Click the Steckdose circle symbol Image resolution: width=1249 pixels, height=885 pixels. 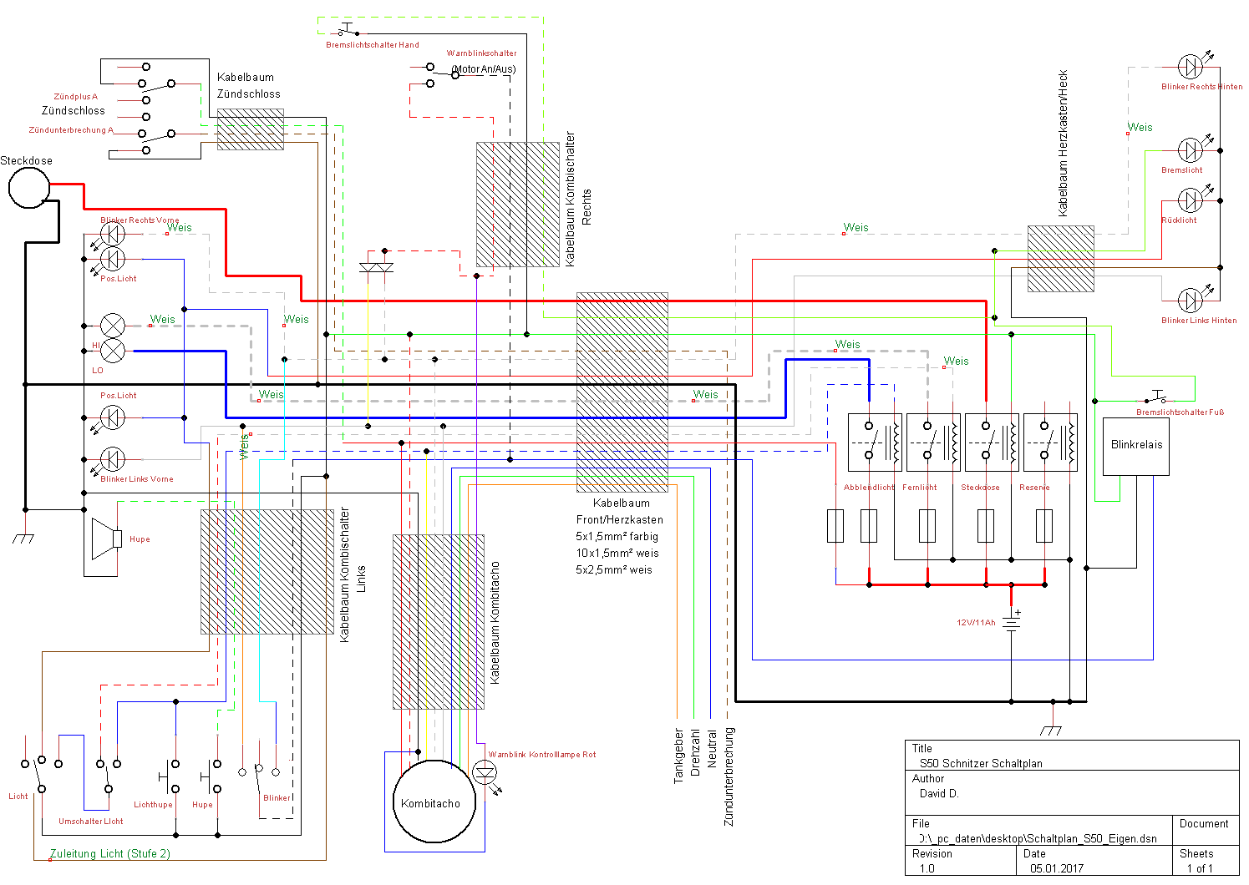pos(29,188)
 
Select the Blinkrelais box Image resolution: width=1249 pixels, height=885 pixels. pos(1136,447)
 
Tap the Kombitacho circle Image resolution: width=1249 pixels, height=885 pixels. pos(434,802)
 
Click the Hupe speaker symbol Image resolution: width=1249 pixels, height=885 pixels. pos(107,539)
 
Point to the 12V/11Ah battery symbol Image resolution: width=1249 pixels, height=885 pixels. pos(1012,621)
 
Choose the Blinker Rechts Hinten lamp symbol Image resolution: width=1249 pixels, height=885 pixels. pos(1191,67)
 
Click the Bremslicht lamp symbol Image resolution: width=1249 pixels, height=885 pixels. pos(1191,150)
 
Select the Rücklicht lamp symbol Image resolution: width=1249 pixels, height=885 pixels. pos(1191,200)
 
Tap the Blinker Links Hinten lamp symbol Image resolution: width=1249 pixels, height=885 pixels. pos(1191,301)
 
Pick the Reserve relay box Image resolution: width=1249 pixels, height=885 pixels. pos(1050,442)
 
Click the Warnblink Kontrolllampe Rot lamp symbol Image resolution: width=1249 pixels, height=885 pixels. pos(485,771)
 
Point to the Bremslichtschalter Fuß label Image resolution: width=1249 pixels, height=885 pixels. pos(1180,412)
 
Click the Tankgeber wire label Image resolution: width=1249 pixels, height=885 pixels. pos(678,756)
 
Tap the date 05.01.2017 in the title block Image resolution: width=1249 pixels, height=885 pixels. pos(1056,868)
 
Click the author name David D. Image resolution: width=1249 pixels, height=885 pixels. pos(939,793)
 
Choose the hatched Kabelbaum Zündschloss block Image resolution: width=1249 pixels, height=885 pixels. pos(251,129)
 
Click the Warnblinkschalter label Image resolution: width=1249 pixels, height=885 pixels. pos(481,53)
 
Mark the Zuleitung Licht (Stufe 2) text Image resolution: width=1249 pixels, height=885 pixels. pos(110,853)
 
